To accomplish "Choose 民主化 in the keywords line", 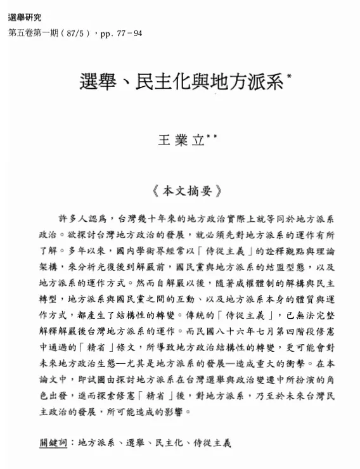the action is tap(167, 442).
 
